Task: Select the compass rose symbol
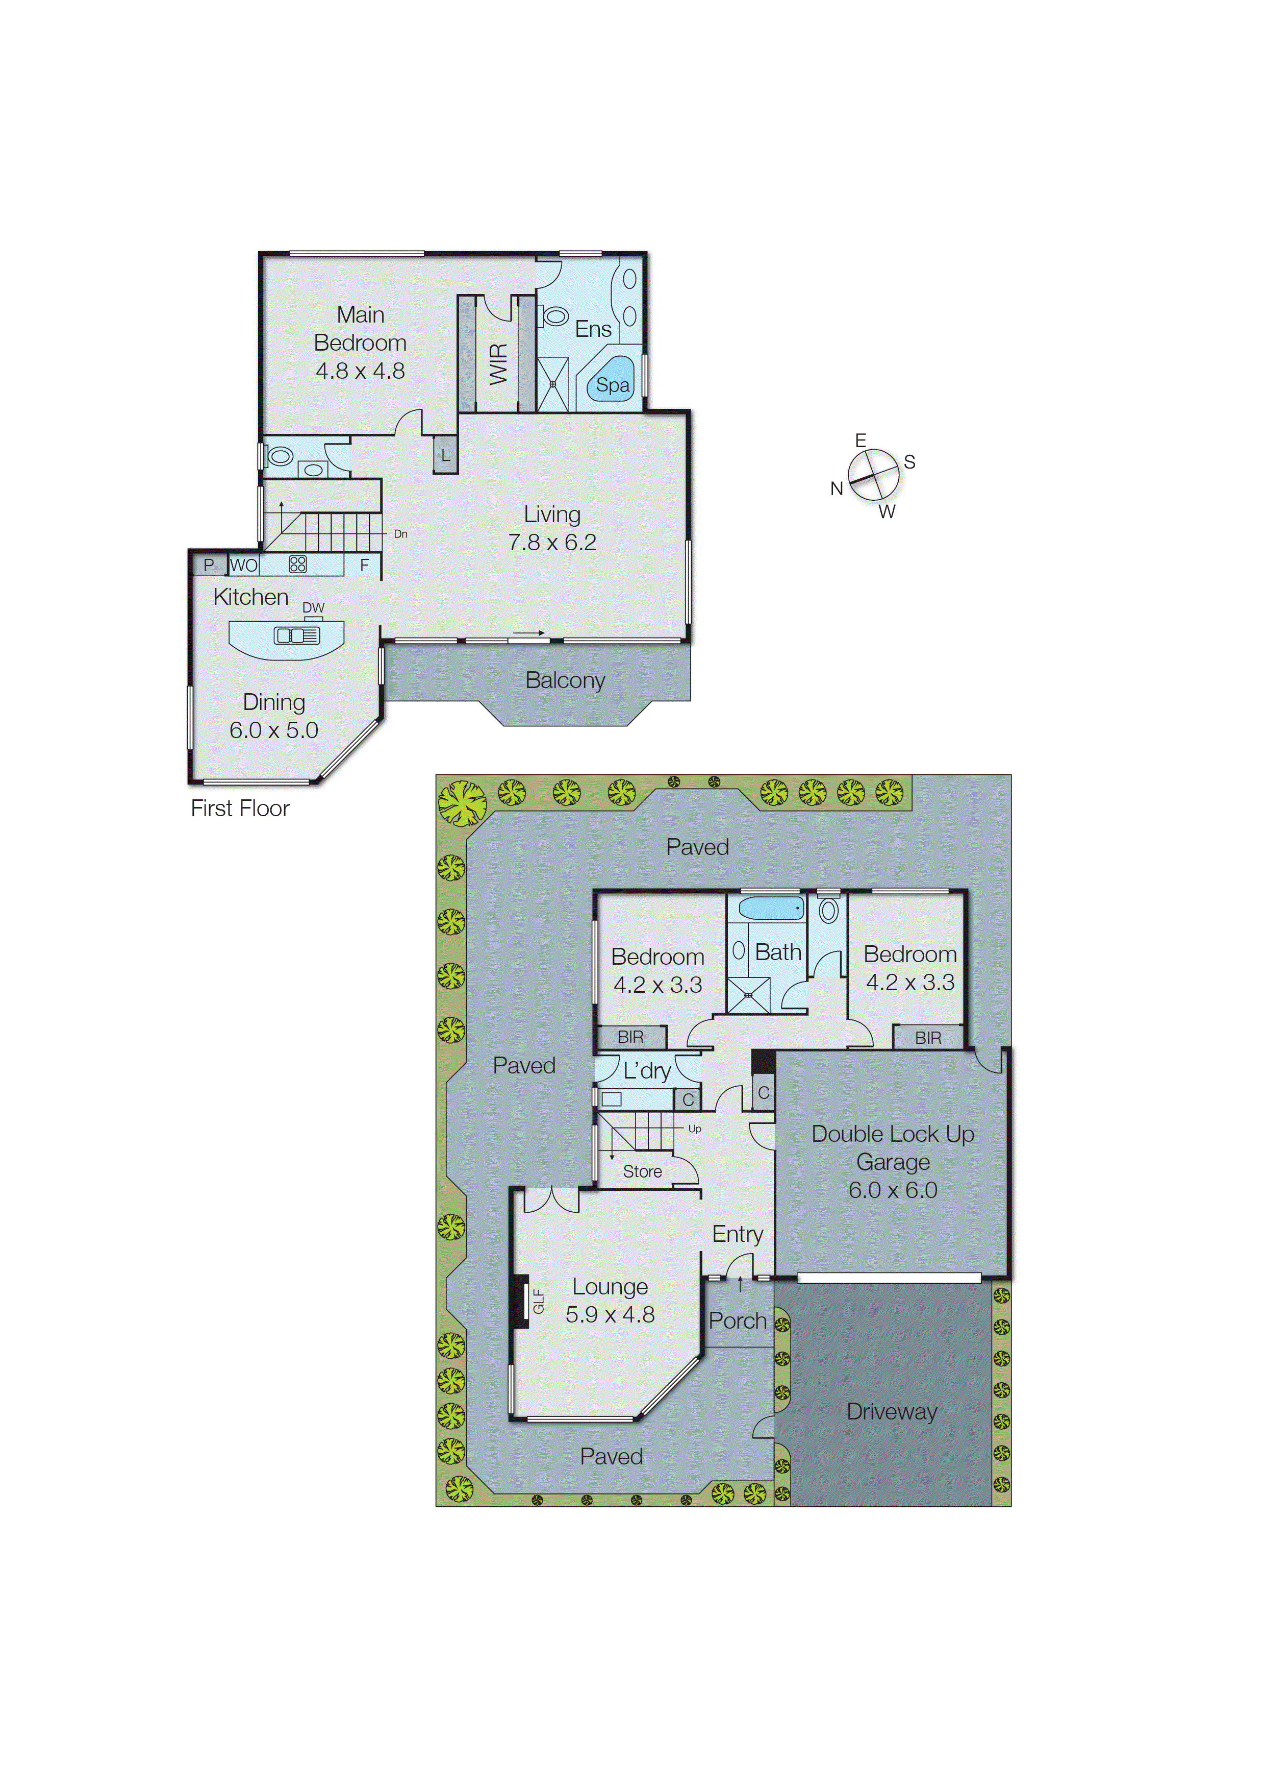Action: click(873, 475)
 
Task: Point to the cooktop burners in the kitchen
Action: click(297, 564)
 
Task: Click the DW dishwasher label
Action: click(313, 607)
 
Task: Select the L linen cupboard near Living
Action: click(445, 455)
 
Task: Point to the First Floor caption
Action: click(240, 808)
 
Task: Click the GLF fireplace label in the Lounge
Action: click(538, 1301)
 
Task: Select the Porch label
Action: click(737, 1320)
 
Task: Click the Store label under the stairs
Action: click(642, 1171)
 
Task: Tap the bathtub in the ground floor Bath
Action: click(770, 908)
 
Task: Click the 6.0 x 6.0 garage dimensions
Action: click(893, 1190)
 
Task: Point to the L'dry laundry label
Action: click(646, 1071)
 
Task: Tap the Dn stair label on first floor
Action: click(400, 534)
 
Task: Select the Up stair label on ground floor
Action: click(694, 1129)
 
